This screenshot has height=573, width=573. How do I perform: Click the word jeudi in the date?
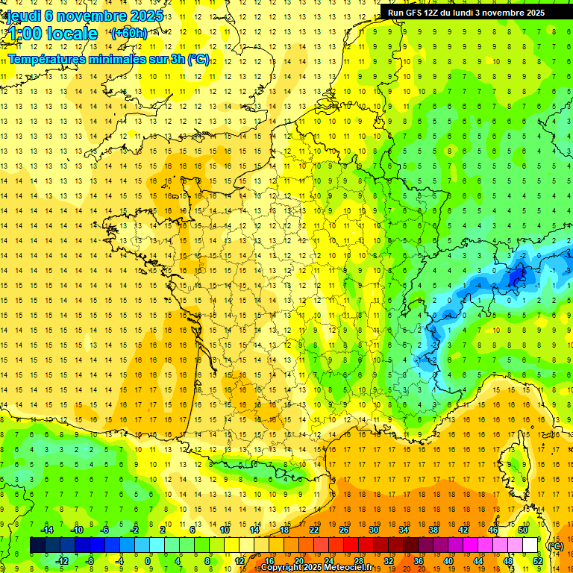(22, 16)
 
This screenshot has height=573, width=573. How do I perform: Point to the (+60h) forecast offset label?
(128, 34)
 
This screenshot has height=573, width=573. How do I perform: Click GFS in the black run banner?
(418, 13)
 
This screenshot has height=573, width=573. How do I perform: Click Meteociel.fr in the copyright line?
(344, 568)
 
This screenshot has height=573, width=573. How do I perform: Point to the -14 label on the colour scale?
(47, 530)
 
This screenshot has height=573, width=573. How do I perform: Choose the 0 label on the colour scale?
(147, 561)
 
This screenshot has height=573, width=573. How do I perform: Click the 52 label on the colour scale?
(538, 561)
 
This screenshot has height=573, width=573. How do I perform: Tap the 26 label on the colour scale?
(343, 530)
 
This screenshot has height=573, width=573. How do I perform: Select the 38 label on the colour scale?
(433, 530)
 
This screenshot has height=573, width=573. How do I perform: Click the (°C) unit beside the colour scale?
(555, 546)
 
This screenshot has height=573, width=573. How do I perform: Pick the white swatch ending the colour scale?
(530, 545)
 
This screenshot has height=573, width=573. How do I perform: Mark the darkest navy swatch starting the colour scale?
(37, 545)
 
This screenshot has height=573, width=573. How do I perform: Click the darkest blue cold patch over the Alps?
(515, 278)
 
